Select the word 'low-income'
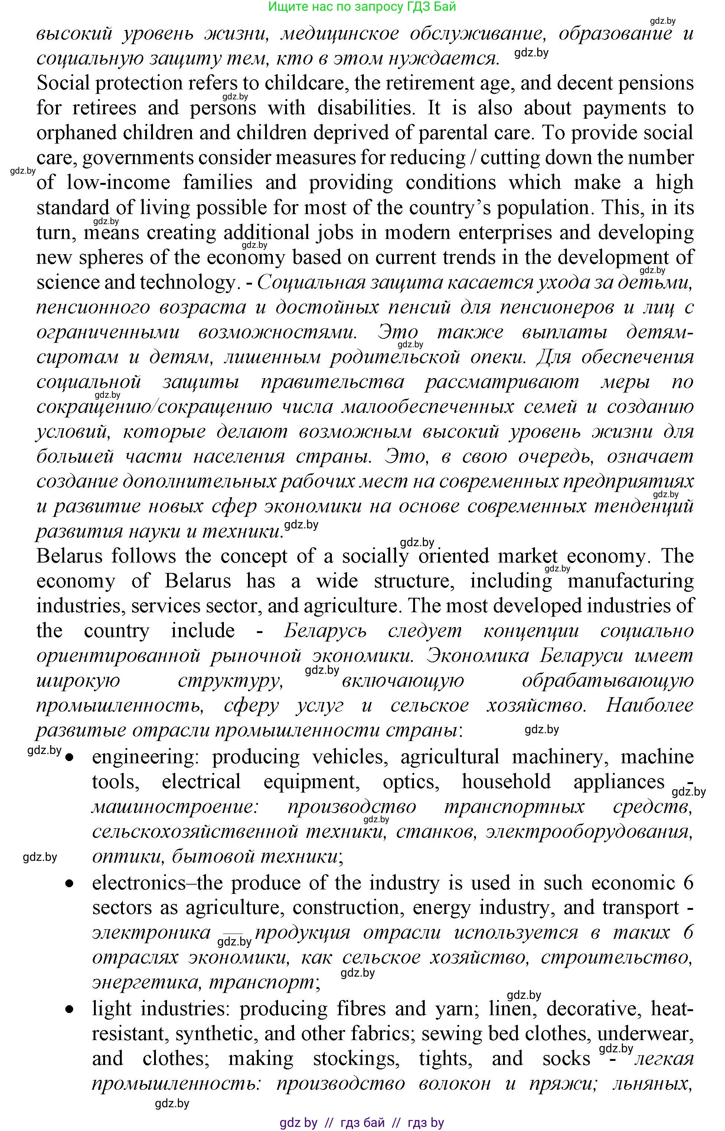[x=118, y=183]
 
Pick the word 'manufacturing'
[x=630, y=581]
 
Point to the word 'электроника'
[x=151, y=933]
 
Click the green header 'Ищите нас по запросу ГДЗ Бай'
[x=362, y=7]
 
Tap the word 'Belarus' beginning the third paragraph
[x=70, y=557]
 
